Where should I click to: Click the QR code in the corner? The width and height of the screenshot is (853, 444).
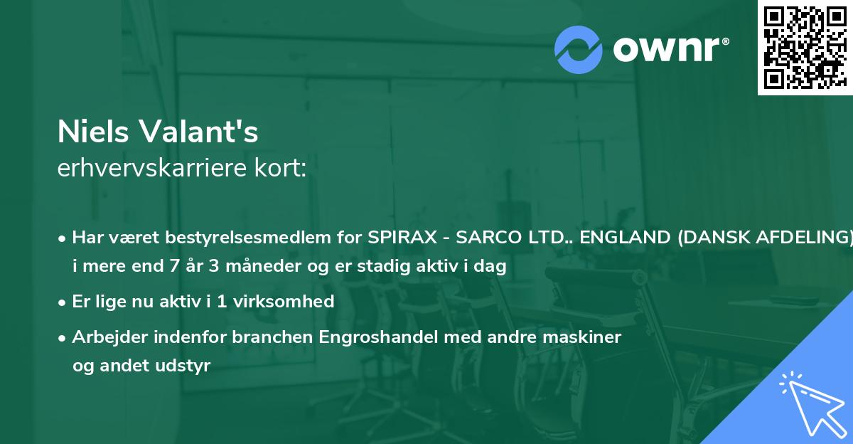[x=805, y=47]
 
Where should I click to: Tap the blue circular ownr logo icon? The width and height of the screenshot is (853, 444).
[x=579, y=49]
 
